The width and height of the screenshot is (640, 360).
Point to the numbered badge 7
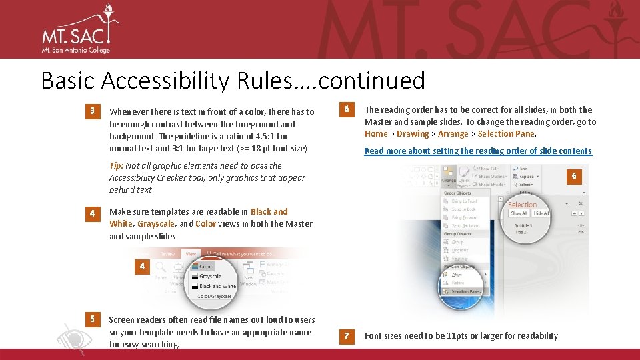pyautogui.click(x=347, y=335)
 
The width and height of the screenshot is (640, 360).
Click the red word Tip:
pyautogui.click(x=116, y=165)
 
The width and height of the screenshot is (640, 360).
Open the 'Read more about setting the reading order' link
pyautogui.click(x=477, y=151)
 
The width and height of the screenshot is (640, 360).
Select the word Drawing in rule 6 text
pyautogui.click(x=413, y=133)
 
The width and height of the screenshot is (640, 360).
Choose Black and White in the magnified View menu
pyautogui.click(x=217, y=286)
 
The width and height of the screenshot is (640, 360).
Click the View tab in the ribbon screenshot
pyautogui.click(x=190, y=253)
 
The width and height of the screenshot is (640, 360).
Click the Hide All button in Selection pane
pyautogui.click(x=540, y=213)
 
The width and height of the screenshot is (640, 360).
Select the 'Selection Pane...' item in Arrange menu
pyautogui.click(x=466, y=291)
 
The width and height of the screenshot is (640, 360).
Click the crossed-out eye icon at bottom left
pyautogui.click(x=74, y=337)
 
